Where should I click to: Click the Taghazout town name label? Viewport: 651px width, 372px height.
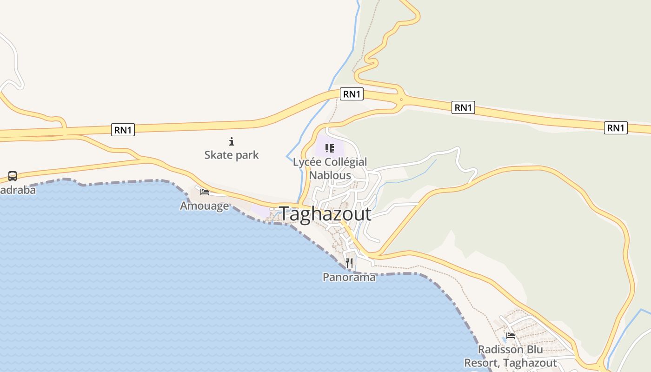[x=325, y=214]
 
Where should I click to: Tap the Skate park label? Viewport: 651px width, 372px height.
[x=232, y=155]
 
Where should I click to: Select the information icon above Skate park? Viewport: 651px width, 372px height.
[x=232, y=141]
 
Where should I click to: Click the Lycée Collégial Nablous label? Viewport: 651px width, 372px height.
[x=330, y=168]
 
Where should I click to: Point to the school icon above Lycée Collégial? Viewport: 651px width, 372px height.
[x=330, y=148]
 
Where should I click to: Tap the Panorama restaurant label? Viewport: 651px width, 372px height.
[x=349, y=277]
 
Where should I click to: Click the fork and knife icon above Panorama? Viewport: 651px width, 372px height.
[x=349, y=263]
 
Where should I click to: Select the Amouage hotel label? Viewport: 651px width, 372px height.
[x=205, y=206]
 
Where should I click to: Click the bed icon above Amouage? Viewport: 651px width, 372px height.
[x=205, y=192]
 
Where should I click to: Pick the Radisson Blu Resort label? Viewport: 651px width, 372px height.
[x=511, y=356]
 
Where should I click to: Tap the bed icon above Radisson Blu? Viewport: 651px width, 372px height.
[x=511, y=336]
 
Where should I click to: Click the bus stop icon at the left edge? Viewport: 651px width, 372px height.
[x=13, y=176]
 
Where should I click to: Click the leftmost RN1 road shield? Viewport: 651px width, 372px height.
[x=123, y=130]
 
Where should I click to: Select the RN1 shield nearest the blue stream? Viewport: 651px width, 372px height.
[x=352, y=94]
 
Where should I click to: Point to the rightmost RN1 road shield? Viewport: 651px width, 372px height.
[x=616, y=127]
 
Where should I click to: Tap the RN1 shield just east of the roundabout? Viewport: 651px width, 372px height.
[x=463, y=108]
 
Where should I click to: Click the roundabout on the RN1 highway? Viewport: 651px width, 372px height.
[x=401, y=99]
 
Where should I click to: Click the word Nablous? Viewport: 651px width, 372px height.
[x=330, y=175]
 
